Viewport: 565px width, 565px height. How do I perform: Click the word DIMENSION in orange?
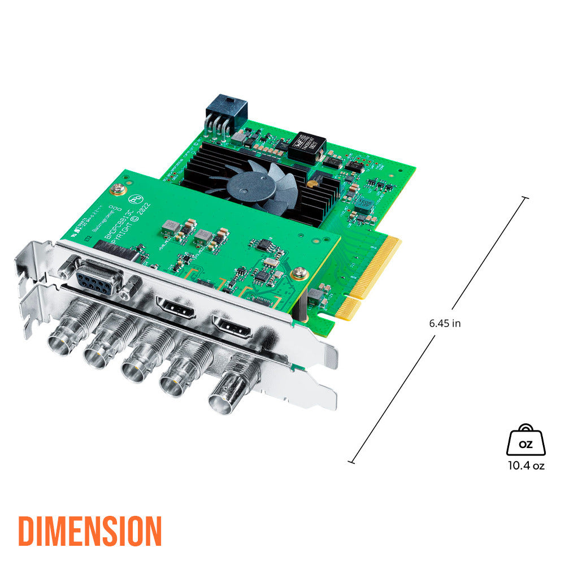(x=90, y=531)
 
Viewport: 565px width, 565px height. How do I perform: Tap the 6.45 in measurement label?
(x=445, y=324)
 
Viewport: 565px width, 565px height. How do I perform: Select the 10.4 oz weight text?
(x=525, y=466)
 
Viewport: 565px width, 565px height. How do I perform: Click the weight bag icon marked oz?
(x=525, y=441)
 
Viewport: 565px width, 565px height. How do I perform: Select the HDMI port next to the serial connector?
(x=175, y=307)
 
